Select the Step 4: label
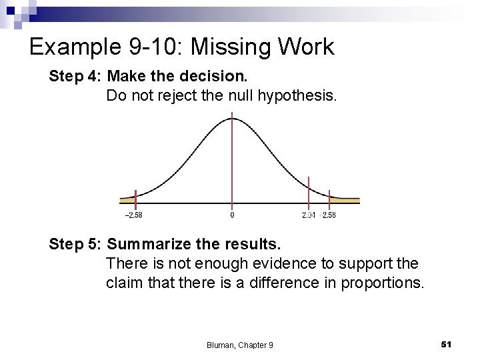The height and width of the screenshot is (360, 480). click(x=74, y=77)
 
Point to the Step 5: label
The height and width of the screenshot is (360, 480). click(x=74, y=244)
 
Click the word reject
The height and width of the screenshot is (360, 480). click(x=175, y=95)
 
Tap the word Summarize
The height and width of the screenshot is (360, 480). click(x=160, y=244)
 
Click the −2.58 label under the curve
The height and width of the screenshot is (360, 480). click(x=133, y=215)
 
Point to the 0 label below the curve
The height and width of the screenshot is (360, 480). click(x=232, y=215)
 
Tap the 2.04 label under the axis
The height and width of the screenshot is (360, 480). click(x=309, y=215)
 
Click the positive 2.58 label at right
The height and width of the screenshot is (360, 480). click(x=329, y=215)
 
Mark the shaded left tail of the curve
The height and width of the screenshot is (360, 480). click(x=127, y=200)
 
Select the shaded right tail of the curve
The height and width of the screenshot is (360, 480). click(x=343, y=200)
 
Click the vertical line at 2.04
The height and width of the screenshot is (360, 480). click(x=309, y=190)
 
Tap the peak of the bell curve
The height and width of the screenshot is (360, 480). click(x=232, y=119)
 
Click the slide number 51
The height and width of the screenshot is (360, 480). click(x=447, y=343)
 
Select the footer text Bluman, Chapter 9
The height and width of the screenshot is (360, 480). click(x=240, y=345)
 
